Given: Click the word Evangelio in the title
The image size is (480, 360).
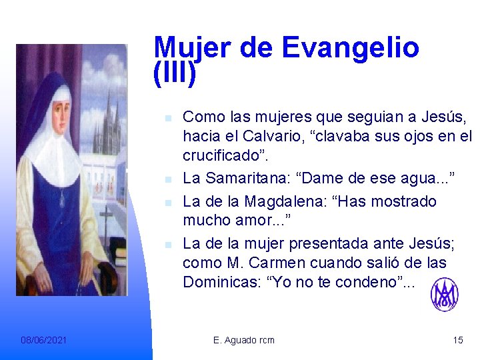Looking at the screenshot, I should tap(351, 48).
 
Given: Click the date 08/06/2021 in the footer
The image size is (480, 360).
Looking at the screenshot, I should tap(43, 340).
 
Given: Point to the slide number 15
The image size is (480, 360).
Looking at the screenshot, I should tap(457, 340).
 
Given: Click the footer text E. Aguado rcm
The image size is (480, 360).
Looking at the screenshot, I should tap(243, 340).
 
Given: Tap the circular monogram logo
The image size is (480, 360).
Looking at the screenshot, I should tap(444, 295).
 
